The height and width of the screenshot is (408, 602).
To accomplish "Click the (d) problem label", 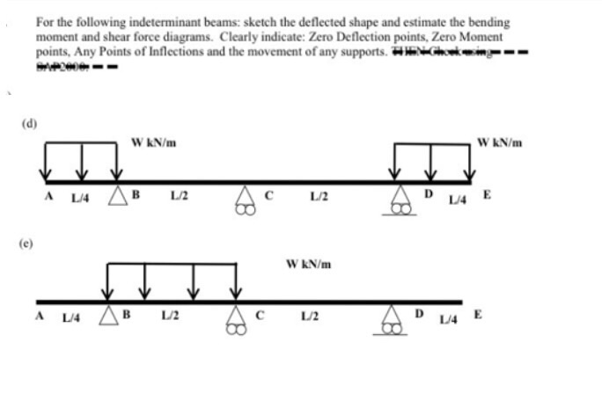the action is tap(30, 124).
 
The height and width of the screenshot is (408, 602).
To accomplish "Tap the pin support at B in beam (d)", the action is tap(117, 196).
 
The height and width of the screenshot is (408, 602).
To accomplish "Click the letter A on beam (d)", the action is tap(49, 193).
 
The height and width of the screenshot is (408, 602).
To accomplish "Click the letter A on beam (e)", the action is tap(40, 312).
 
